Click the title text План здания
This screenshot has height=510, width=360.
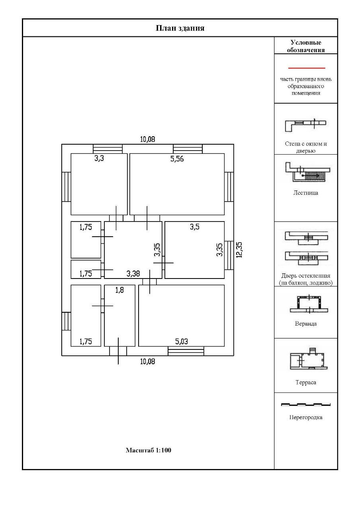coord(180,28)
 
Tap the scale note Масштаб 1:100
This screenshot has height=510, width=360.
coord(149,451)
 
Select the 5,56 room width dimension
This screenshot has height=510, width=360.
coord(177,159)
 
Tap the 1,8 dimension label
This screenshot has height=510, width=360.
coord(119,290)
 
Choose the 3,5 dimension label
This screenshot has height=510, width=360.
coord(194,227)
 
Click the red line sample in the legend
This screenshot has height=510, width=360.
coord(306,68)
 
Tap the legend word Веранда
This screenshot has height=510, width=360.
coord(305,324)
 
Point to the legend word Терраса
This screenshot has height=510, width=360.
coord(305,382)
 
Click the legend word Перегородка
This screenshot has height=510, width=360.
coord(305,418)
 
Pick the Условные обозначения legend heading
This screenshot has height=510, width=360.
coord(305,46)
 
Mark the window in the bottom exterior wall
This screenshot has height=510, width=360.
coord(186,351)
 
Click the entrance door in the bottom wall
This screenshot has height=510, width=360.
coord(118,351)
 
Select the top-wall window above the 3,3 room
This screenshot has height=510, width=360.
coord(108,149)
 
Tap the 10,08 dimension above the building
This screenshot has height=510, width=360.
coord(147,139)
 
